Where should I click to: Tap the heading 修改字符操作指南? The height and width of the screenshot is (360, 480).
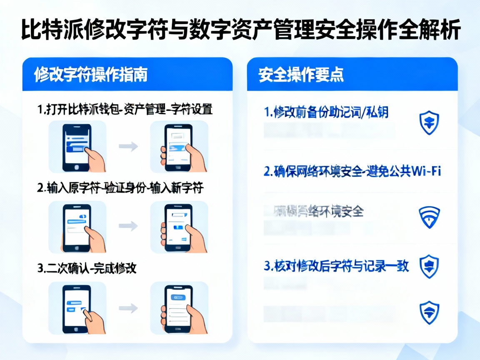(91, 75)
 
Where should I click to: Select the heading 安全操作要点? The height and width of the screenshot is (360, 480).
(301, 75)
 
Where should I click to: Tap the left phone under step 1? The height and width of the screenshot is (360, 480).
(77, 147)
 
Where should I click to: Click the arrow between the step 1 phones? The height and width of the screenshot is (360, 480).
(128, 146)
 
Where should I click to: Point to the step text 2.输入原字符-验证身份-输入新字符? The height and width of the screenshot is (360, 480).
(120, 188)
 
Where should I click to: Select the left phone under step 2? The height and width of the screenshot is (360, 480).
(77, 227)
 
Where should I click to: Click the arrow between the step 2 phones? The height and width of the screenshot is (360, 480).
(128, 226)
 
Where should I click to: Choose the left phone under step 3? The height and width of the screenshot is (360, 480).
(77, 308)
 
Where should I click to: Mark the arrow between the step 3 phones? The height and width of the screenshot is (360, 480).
(128, 308)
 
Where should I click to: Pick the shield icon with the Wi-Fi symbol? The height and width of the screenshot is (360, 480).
(429, 217)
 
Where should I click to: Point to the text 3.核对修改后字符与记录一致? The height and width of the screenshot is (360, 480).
(337, 265)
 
